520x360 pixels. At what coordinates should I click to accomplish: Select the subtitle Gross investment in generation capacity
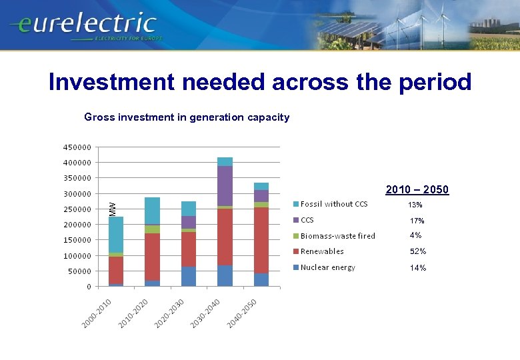[187, 117]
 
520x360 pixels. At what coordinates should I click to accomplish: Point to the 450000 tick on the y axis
[78, 147]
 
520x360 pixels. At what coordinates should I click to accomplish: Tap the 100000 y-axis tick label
[78, 256]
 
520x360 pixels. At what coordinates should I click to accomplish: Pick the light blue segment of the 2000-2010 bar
[116, 234]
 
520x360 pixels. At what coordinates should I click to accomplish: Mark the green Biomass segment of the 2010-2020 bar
[152, 229]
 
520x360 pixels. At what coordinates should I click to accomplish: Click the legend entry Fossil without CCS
[333, 204]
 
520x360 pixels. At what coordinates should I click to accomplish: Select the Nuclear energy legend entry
[327, 267]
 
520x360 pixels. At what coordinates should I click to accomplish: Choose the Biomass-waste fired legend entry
[337, 236]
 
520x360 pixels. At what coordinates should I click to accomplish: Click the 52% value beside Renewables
[418, 252]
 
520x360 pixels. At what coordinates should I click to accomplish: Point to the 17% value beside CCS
[417, 221]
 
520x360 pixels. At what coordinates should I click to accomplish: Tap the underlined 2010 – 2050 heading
[417, 190]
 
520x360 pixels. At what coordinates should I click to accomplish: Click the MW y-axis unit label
[113, 208]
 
